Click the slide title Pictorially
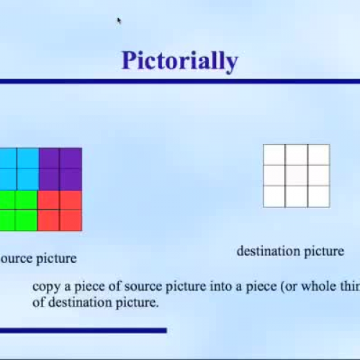point(179,60)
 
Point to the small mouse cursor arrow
point(119,20)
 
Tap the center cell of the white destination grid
point(296,175)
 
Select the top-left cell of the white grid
point(274,155)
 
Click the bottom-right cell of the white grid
point(318,196)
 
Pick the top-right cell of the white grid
point(318,155)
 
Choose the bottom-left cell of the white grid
point(274,196)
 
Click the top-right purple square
point(71,158)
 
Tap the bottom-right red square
point(71,220)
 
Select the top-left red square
point(50,200)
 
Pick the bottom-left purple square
point(50,179)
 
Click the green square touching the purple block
point(28,200)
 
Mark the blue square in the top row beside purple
point(28,158)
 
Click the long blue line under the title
point(180,81)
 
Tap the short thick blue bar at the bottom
point(83,330)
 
